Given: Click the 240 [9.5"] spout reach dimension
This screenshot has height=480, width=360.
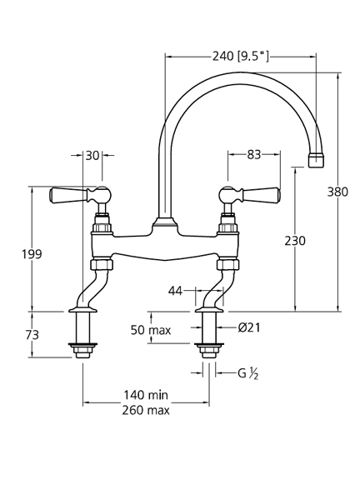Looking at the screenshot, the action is (x=241, y=57).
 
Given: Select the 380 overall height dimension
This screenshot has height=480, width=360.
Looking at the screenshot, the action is (x=337, y=192).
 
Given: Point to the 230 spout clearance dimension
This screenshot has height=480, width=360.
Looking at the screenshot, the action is (x=295, y=241).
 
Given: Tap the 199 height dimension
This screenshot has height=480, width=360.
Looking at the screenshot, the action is (x=32, y=254).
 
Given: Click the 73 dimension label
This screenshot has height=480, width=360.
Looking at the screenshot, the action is (x=32, y=335).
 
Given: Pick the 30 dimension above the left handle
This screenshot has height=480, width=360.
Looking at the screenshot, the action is (x=92, y=156).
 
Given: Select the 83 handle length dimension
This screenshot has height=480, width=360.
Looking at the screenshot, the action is (x=254, y=155).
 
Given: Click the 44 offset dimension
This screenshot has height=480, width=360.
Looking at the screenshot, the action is (x=175, y=291).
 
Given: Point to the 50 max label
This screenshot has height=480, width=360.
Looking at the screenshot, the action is (x=151, y=330).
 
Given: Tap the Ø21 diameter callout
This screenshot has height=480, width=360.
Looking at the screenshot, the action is (x=249, y=327).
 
